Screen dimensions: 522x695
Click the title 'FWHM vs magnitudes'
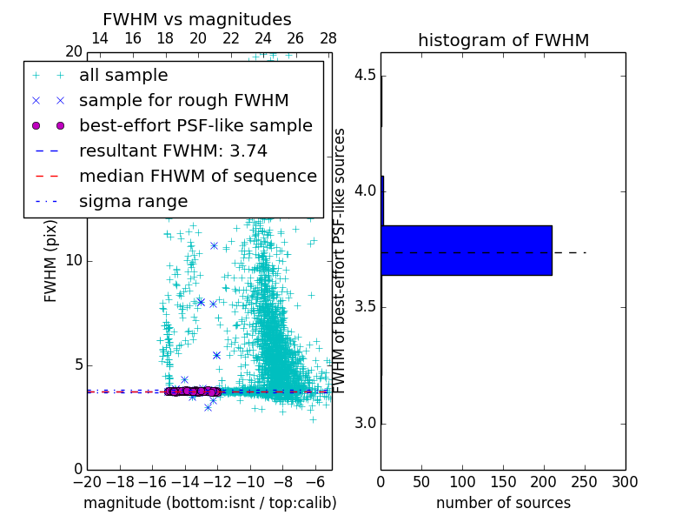point(197,19)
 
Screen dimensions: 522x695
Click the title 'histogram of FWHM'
point(503,40)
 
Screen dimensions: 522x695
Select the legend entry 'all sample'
point(123,76)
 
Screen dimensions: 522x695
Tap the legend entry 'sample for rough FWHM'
point(183,101)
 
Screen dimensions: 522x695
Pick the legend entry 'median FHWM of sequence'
point(197,177)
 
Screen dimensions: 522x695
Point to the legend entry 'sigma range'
point(133,202)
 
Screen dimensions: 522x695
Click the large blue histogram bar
point(467,251)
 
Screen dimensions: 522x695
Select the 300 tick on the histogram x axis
point(625,482)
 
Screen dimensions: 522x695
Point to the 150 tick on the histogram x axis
point(503,482)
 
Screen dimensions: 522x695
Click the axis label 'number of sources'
point(503,503)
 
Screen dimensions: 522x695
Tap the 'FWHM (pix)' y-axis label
point(51,261)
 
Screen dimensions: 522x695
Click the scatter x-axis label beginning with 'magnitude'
point(209,503)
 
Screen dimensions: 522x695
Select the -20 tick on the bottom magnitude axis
point(87,482)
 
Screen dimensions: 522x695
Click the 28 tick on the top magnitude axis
point(328,38)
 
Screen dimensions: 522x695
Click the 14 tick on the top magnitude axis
point(100,38)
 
